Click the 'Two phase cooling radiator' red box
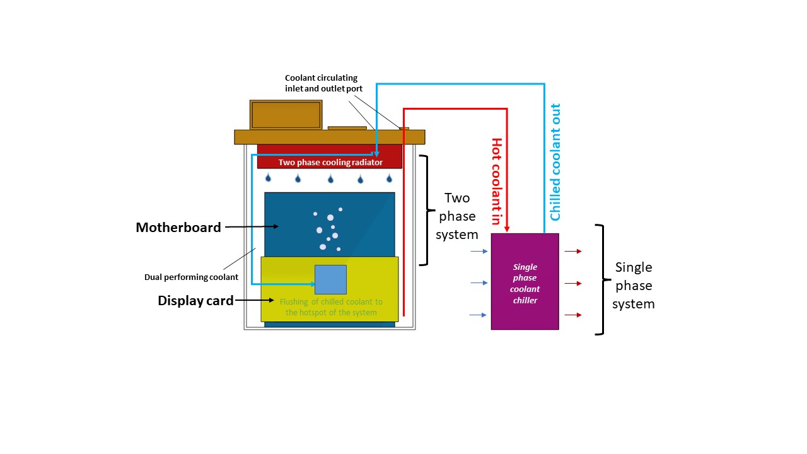329,161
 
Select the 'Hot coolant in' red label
497,182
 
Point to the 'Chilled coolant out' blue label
555,161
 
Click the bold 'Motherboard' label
178,228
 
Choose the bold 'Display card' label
195,301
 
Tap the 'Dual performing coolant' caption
191,277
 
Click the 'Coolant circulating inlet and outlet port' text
320,83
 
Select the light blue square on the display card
330,279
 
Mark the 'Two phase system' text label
457,216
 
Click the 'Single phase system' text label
634,286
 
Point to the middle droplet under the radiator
330,178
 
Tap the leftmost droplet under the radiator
268,178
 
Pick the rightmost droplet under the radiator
389,178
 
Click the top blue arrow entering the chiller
479,251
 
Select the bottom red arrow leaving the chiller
572,314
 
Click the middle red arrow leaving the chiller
572,283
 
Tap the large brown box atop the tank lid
286,115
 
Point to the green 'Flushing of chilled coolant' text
331,307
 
